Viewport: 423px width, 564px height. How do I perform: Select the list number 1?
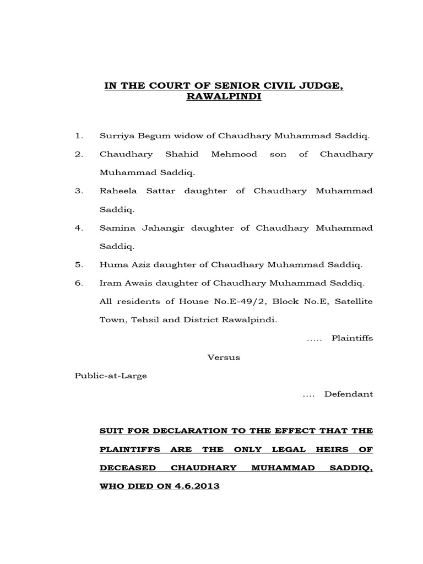point(79,135)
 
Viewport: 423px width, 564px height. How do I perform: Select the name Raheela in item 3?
point(116,191)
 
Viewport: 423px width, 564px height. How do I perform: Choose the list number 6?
point(79,283)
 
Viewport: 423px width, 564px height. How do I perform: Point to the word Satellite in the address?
point(351,301)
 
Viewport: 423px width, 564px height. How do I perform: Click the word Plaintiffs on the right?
point(352,338)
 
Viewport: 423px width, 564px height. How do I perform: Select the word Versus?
point(224,357)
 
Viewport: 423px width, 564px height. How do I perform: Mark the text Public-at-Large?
point(111,376)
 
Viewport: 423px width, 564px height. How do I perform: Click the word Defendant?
point(349,394)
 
